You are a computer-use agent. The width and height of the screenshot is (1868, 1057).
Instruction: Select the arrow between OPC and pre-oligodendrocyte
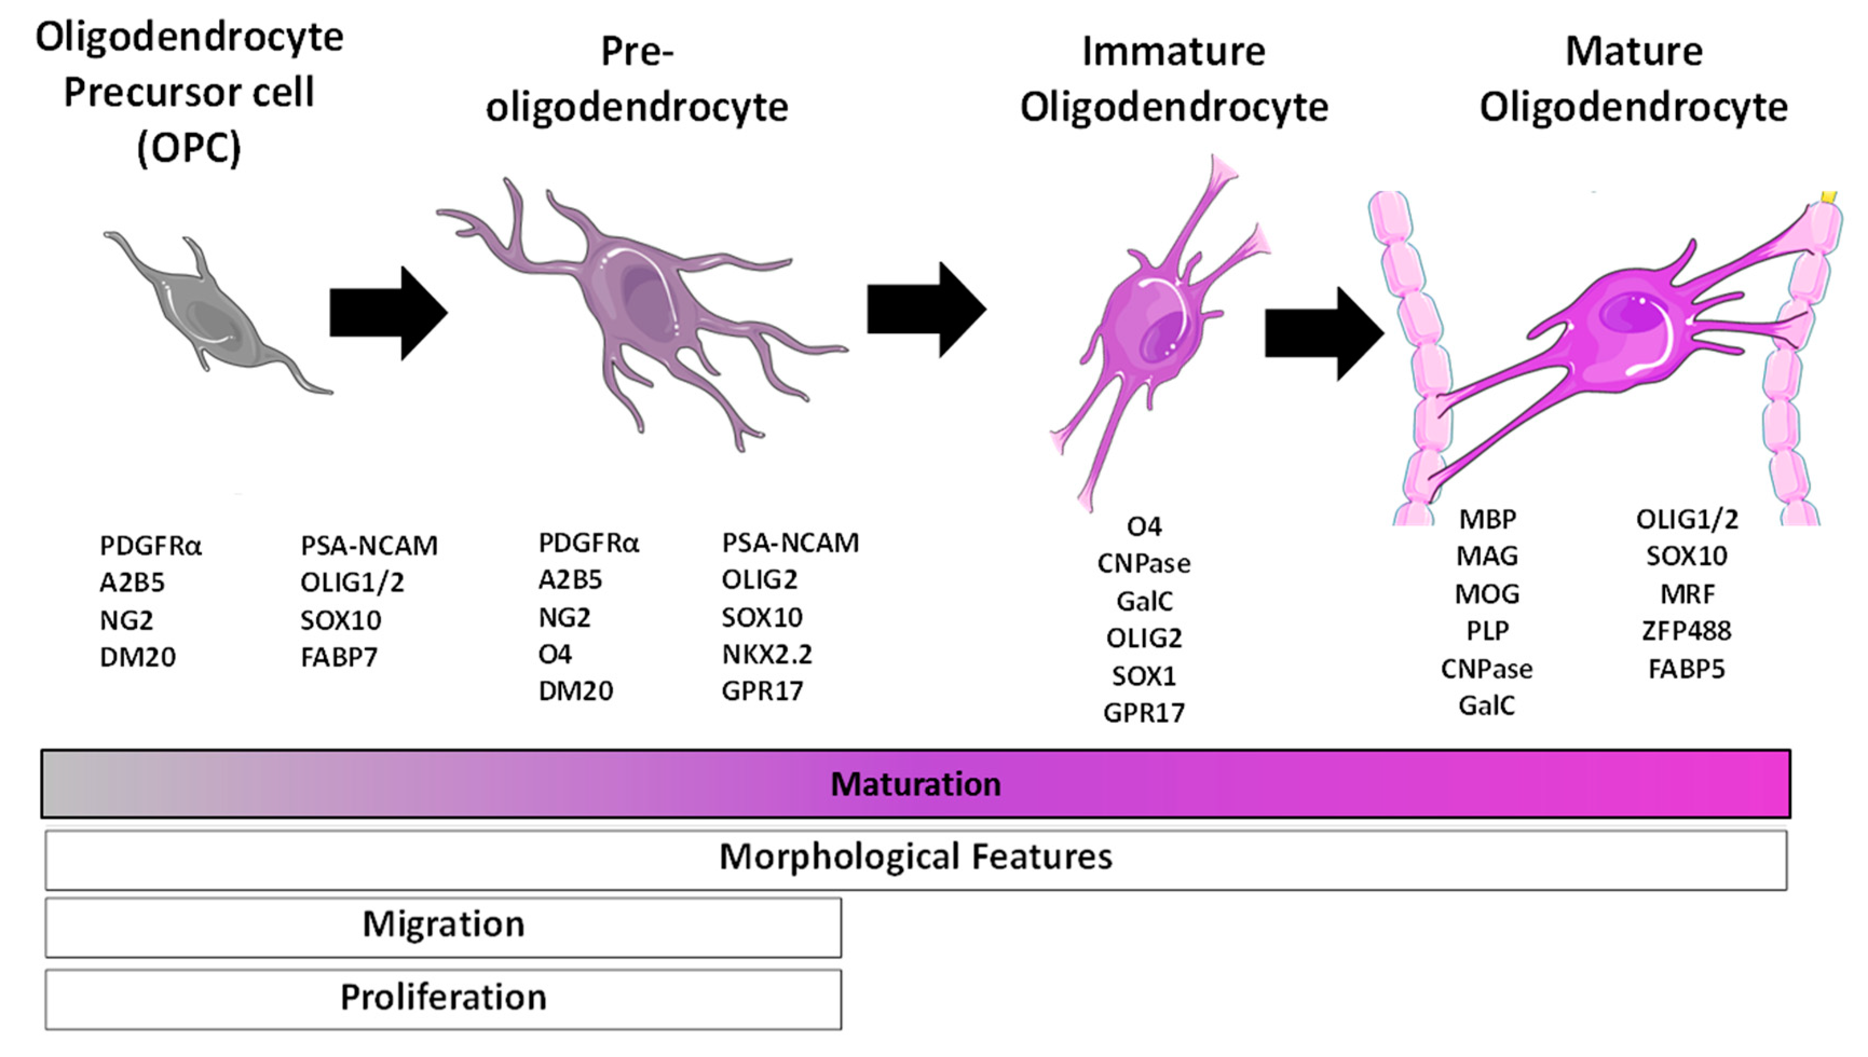click(388, 313)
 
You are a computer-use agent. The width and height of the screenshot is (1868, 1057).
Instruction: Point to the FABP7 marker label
click(339, 657)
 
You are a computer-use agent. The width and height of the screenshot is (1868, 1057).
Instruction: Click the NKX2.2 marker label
click(766, 654)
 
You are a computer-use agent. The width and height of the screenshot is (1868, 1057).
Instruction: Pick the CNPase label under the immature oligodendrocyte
click(1143, 564)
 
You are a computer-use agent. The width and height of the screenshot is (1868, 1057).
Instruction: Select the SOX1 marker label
click(1143, 676)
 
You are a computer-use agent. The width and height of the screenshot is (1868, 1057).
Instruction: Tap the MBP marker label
click(1488, 519)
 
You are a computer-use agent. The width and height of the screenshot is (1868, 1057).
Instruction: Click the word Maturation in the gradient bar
click(915, 784)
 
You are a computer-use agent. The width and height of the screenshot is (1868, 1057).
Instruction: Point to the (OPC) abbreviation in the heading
click(189, 149)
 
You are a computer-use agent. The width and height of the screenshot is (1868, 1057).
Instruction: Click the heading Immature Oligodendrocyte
click(1174, 80)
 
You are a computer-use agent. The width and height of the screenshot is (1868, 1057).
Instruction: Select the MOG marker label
click(1488, 594)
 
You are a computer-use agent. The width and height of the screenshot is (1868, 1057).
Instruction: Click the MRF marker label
click(1686, 594)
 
